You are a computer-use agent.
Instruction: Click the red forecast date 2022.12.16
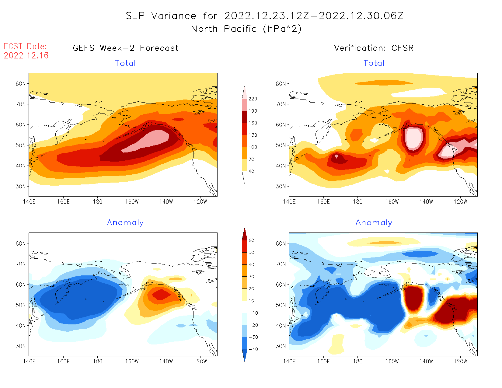(26, 56)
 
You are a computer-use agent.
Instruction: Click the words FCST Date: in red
(25, 47)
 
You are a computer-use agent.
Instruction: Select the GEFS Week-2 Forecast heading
(126, 48)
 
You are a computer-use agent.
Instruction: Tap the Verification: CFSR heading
(374, 48)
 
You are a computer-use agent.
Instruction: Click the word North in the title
(204, 29)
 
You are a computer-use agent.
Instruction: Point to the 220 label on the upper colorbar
(253, 99)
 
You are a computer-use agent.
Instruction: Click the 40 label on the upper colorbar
(251, 171)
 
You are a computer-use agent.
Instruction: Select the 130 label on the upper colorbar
(253, 135)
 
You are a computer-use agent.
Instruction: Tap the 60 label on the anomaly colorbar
(251, 240)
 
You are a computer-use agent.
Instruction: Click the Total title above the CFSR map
(374, 63)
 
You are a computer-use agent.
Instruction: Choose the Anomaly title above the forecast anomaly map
(125, 223)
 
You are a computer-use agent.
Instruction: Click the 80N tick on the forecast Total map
(21, 84)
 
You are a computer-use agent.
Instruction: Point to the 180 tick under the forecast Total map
(97, 202)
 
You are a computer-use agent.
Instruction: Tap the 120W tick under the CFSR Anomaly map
(460, 362)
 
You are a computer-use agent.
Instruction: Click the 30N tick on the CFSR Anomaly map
(281, 346)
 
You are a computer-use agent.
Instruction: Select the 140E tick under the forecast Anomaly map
(29, 362)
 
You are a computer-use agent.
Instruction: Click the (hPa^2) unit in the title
(282, 29)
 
